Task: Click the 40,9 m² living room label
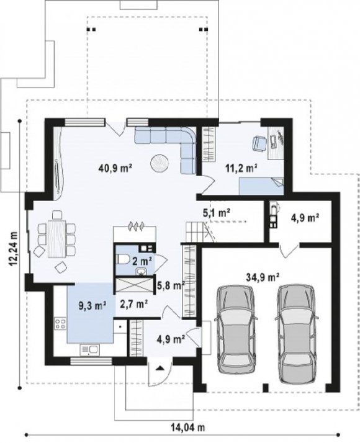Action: click(x=115, y=168)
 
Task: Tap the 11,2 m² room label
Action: click(x=241, y=168)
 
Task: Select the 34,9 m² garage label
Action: click(x=263, y=277)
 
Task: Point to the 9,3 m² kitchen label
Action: click(x=92, y=305)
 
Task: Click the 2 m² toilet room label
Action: click(x=142, y=261)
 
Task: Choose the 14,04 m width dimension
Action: click(x=187, y=427)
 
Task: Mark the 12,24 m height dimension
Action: click(x=13, y=249)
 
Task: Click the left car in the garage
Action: click(x=236, y=329)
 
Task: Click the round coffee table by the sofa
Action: click(x=160, y=163)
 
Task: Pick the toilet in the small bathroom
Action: click(x=123, y=259)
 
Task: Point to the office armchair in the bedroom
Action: click(x=259, y=143)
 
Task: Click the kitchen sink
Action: click(x=89, y=350)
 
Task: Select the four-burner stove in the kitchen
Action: click(x=60, y=323)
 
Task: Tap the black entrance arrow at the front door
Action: click(x=160, y=368)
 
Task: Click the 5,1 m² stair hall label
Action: click(x=217, y=212)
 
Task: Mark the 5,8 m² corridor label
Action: click(x=171, y=286)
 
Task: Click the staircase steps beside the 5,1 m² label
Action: click(x=195, y=231)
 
